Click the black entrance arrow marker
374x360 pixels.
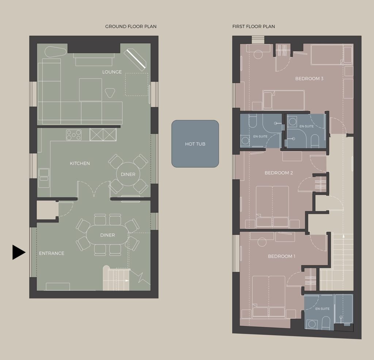click(x=19, y=252)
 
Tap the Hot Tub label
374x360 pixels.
click(x=195, y=144)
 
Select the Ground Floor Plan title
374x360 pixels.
click(x=131, y=26)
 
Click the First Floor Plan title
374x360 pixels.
click(x=253, y=26)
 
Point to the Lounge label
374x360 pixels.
click(x=112, y=72)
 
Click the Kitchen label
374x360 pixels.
click(x=80, y=163)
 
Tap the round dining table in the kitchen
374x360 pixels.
click(x=128, y=174)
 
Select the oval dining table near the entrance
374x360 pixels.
click(x=108, y=235)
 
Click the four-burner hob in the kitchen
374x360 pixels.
click(x=74, y=135)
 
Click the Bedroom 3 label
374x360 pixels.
click(x=309, y=78)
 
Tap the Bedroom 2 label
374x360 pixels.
click(x=279, y=173)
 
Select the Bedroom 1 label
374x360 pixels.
click(x=282, y=256)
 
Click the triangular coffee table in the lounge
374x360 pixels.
click(x=110, y=92)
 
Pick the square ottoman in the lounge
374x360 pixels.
click(x=91, y=90)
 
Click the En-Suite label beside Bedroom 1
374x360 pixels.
click(x=322, y=309)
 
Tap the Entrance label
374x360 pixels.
click(x=51, y=253)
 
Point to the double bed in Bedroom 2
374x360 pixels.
click(x=272, y=206)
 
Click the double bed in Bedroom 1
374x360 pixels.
click(x=269, y=297)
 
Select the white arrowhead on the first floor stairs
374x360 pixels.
click(x=343, y=236)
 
